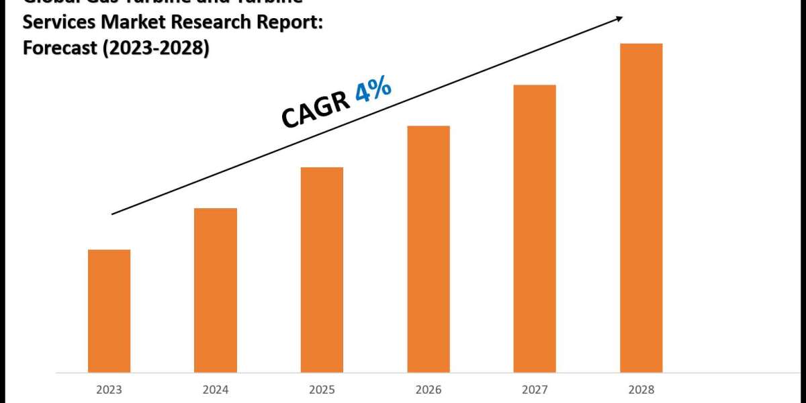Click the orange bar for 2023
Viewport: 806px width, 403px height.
(x=109, y=310)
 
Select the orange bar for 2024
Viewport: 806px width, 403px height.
(x=216, y=289)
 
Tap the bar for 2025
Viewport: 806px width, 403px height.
(x=322, y=269)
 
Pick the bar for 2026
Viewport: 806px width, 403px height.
(x=429, y=249)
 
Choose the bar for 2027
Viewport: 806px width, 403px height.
(x=535, y=228)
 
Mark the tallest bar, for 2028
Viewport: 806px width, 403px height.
(x=641, y=208)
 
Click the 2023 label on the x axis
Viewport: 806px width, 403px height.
(x=109, y=390)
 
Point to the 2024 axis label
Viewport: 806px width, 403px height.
(x=216, y=390)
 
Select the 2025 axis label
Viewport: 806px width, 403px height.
(x=322, y=390)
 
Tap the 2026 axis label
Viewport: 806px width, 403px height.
(x=429, y=390)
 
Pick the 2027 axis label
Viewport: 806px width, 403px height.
(x=535, y=390)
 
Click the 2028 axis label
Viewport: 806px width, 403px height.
(x=641, y=390)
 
